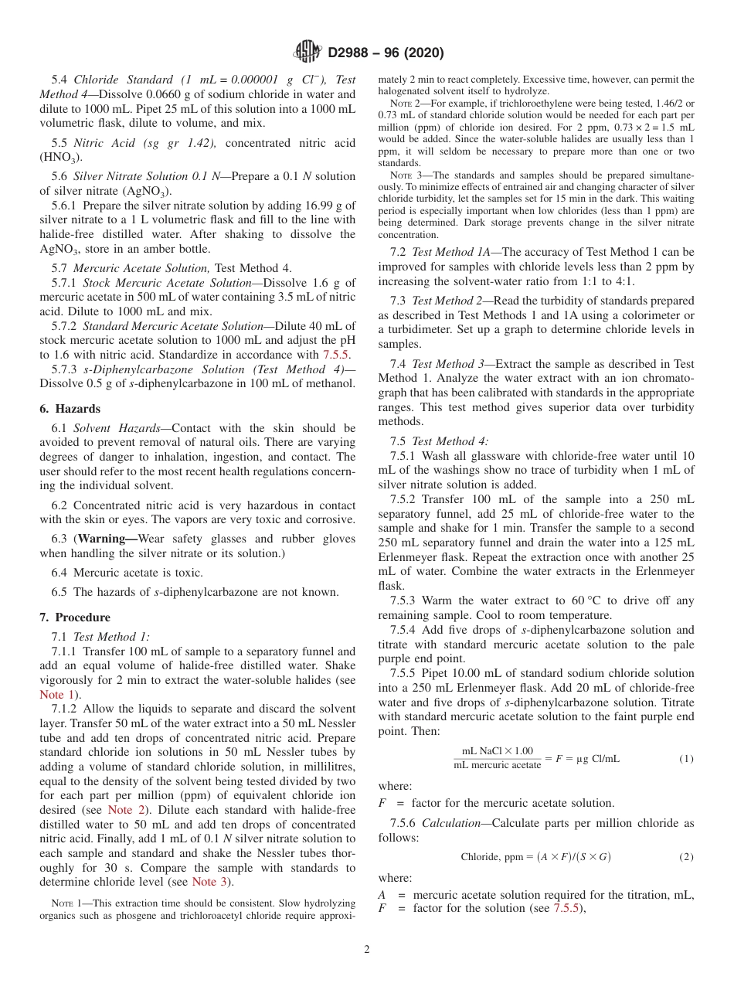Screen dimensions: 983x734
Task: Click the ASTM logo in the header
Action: (308, 53)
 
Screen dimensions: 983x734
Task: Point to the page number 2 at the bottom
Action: (367, 949)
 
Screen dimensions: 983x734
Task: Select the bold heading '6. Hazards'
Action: (70, 409)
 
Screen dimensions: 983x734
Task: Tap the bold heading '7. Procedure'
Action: (75, 617)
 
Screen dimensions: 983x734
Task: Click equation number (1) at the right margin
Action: (686, 759)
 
